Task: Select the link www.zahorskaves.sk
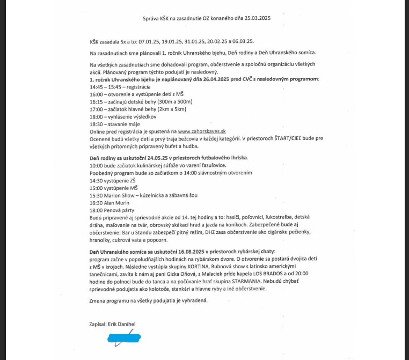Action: coord(202,131)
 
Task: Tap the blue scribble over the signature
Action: coord(125,338)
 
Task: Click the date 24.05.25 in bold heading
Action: coord(148,158)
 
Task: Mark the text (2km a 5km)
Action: coord(169,109)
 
